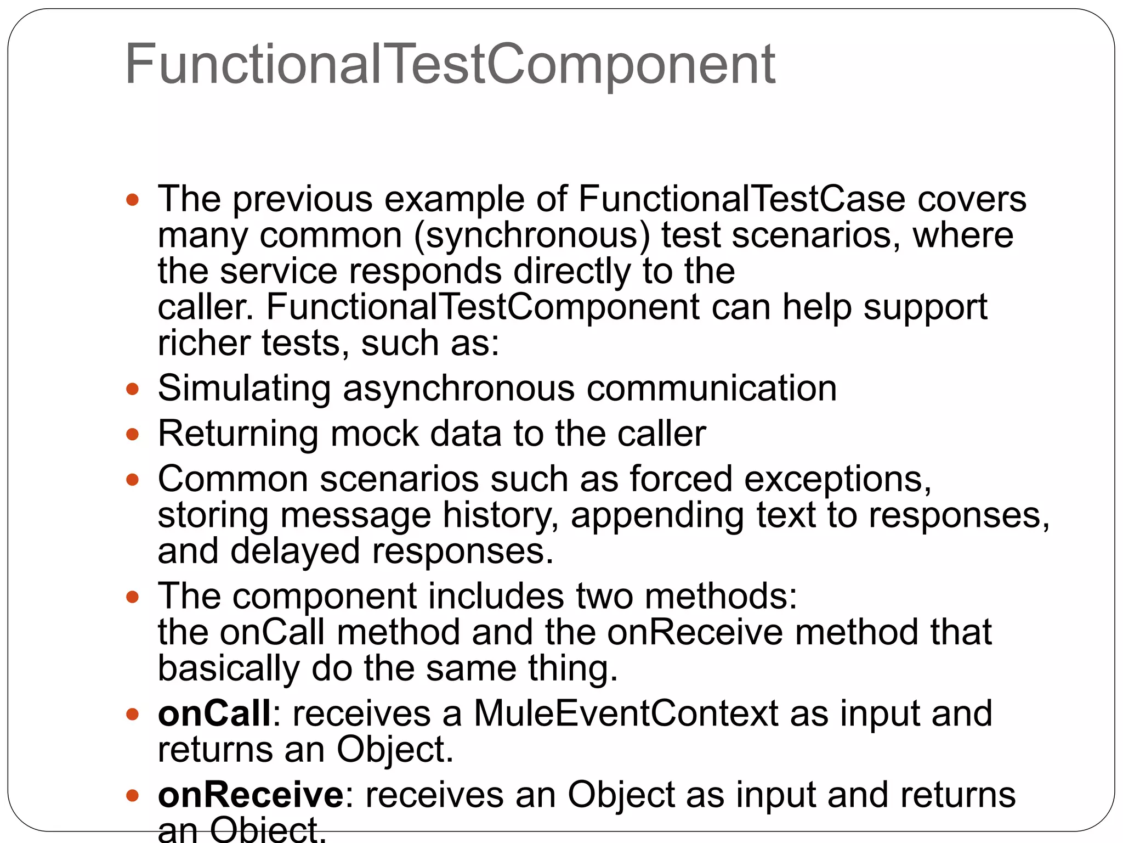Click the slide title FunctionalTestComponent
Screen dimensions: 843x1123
[x=450, y=65]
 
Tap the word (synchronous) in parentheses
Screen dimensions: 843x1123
[x=532, y=235]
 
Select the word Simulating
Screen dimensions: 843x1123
[x=245, y=389]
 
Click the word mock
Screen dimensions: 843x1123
[x=375, y=434]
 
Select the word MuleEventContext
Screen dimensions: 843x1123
[x=626, y=713]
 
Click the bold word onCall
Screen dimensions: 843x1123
[x=214, y=713]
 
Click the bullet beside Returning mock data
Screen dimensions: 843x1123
[x=133, y=435]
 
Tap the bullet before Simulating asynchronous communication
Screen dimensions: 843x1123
[x=133, y=390]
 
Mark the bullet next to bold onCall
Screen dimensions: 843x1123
[x=133, y=715]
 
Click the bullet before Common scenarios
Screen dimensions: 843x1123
[x=133, y=480]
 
